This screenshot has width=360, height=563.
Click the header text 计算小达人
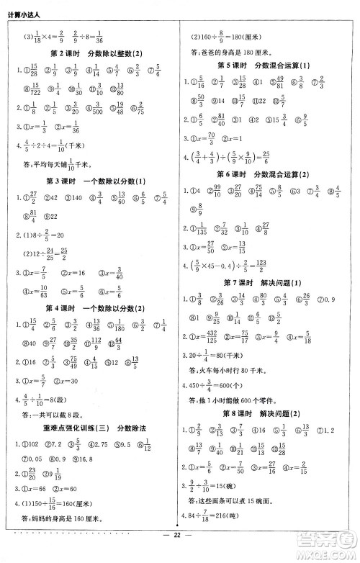[23, 8]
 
